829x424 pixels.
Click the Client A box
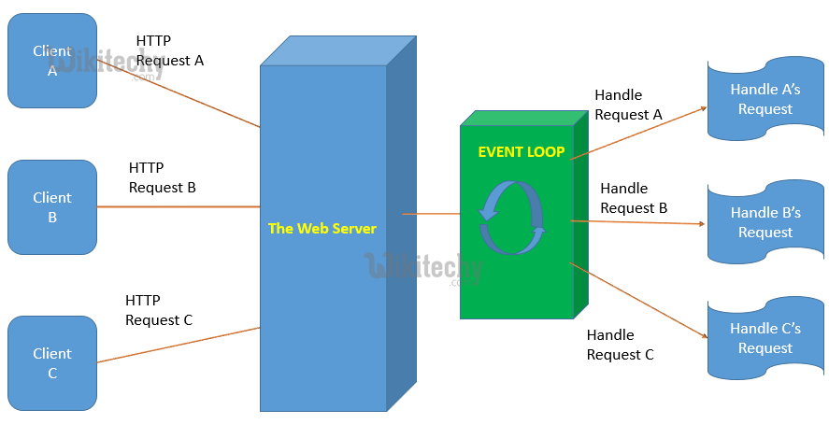(x=52, y=60)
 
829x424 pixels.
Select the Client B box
(x=52, y=206)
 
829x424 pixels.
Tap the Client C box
(x=52, y=362)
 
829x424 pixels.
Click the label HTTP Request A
(x=169, y=50)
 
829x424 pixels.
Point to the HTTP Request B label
(x=162, y=177)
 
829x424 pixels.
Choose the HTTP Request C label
(x=158, y=310)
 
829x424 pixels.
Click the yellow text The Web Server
(x=322, y=228)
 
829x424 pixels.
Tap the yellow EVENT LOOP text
(x=521, y=151)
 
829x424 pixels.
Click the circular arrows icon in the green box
(x=511, y=219)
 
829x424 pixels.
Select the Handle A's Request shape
(x=765, y=99)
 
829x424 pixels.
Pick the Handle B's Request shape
(x=765, y=222)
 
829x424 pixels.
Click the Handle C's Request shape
(x=765, y=338)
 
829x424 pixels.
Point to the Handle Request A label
(x=628, y=105)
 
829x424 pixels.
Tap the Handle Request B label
(x=634, y=198)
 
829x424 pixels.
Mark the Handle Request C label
(x=620, y=345)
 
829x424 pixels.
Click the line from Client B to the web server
(x=178, y=206)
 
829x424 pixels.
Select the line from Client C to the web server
(x=178, y=345)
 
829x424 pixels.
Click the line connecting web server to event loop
(x=431, y=214)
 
